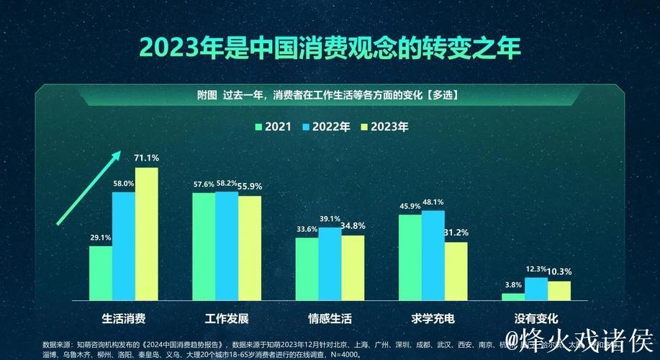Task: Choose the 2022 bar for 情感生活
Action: [330, 264]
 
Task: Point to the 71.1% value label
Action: [147, 158]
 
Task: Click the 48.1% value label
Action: [433, 202]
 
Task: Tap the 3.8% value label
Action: [512, 284]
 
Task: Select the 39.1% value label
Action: [330, 219]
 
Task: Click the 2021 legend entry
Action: [273, 127]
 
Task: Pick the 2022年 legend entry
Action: [328, 127]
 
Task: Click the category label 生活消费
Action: [123, 318]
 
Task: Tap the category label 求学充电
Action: [433, 318]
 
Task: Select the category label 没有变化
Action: [536, 318]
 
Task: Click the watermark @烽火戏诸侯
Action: [579, 339]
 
